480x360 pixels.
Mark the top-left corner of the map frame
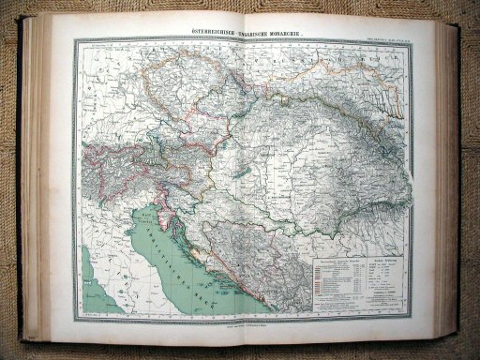pos(78,39)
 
